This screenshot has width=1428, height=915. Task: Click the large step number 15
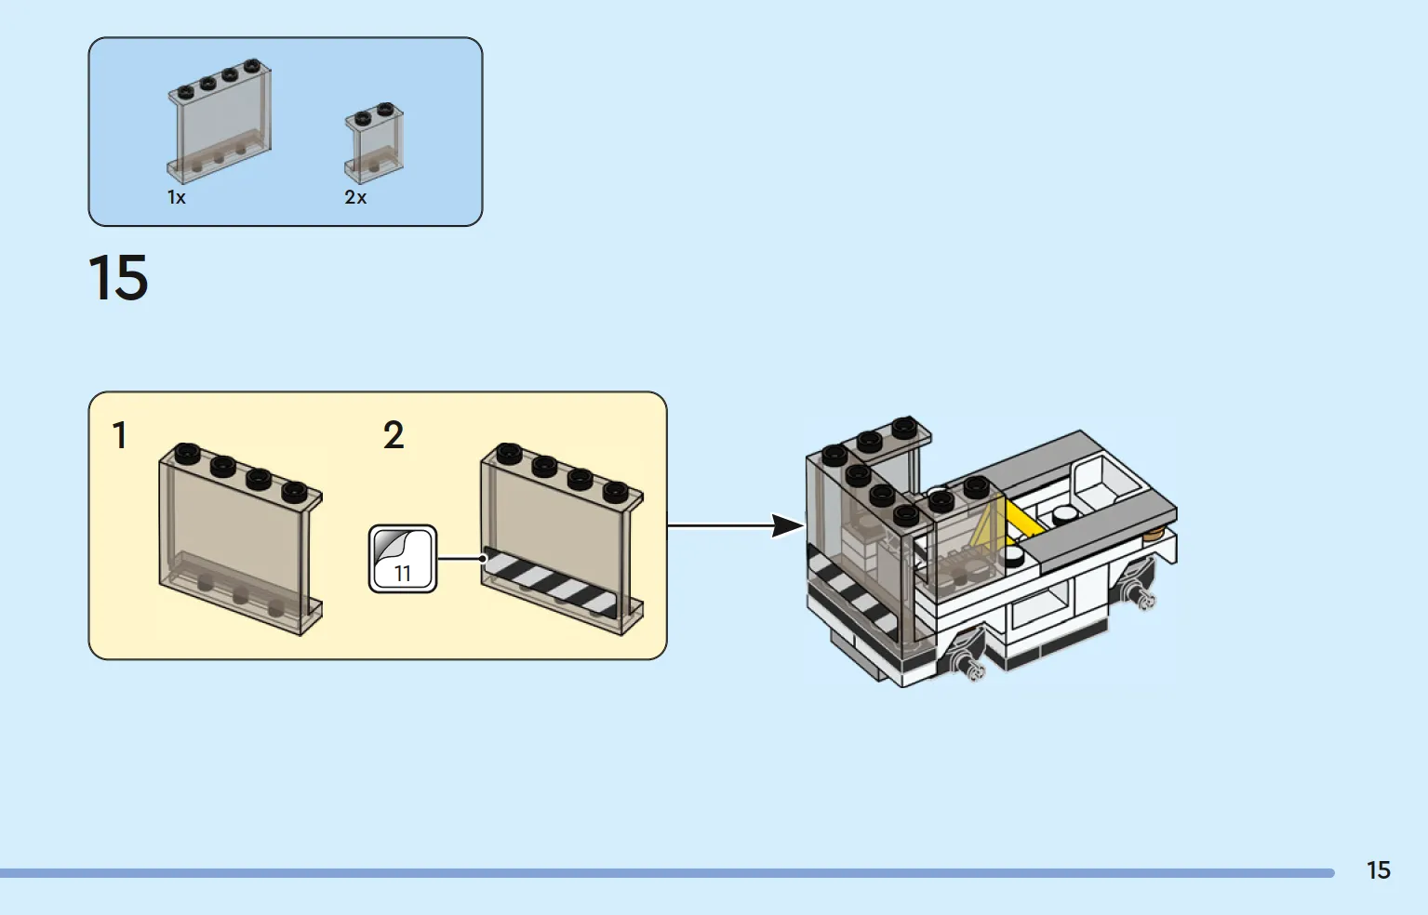click(x=118, y=277)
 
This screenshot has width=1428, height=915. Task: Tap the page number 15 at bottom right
click(x=1379, y=870)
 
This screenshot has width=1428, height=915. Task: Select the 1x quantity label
click(x=176, y=197)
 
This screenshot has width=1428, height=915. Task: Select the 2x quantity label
click(x=355, y=197)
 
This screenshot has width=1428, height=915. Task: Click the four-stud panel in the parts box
click(x=220, y=121)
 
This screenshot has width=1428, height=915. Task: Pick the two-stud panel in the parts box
click(x=374, y=142)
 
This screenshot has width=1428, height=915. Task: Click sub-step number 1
click(x=119, y=435)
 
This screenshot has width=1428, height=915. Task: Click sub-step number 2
click(x=394, y=435)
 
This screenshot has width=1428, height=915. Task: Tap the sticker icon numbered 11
click(x=403, y=559)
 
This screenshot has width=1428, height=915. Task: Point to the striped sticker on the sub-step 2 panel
click(x=551, y=582)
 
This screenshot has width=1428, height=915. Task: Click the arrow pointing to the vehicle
click(x=736, y=526)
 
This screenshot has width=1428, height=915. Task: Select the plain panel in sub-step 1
click(x=240, y=539)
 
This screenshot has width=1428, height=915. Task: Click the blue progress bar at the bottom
click(x=667, y=873)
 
